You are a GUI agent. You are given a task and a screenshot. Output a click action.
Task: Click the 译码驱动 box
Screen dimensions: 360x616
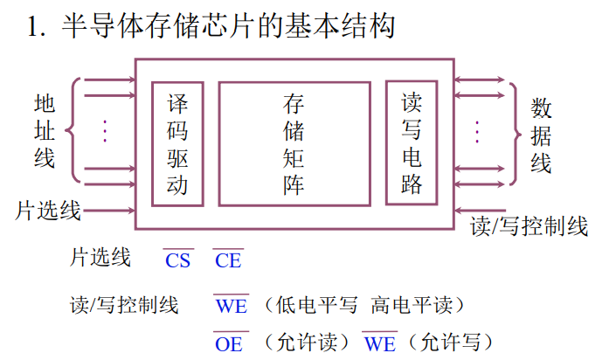point(177,143)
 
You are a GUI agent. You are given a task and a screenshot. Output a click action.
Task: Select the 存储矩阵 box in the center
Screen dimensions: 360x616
point(294,143)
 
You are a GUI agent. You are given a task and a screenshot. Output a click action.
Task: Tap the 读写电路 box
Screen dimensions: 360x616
point(411,143)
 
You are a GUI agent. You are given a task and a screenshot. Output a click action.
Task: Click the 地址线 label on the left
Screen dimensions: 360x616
point(44,131)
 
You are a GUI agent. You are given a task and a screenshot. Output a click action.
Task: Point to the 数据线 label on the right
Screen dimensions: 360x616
point(541,135)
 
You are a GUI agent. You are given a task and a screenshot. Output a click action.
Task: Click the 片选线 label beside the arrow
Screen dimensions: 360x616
point(48,211)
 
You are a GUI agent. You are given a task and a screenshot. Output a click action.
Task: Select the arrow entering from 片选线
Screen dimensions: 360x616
point(109,211)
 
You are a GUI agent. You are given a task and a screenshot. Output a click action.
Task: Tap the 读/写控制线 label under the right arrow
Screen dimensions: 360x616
point(529,226)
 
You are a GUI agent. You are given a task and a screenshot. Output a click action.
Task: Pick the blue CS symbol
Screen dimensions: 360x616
point(177,260)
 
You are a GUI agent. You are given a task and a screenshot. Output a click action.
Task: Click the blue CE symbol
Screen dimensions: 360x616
point(227,260)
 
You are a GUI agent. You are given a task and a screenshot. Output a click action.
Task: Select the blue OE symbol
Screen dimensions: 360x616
point(229,343)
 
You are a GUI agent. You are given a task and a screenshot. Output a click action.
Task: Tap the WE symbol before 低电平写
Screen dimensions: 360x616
point(231,306)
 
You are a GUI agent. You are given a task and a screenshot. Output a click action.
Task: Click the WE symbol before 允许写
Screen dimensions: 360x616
point(379,343)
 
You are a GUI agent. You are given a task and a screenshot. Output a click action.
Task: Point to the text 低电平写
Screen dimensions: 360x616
point(316,306)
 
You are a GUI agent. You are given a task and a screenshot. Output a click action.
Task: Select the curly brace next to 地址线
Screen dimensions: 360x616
point(74,131)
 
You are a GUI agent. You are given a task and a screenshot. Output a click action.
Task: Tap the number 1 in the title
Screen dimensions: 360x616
point(35,27)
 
